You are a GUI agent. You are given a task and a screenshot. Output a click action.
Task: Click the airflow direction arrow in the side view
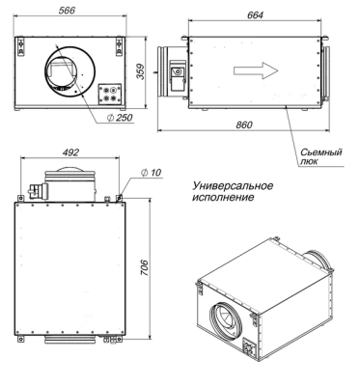point(259,69)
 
